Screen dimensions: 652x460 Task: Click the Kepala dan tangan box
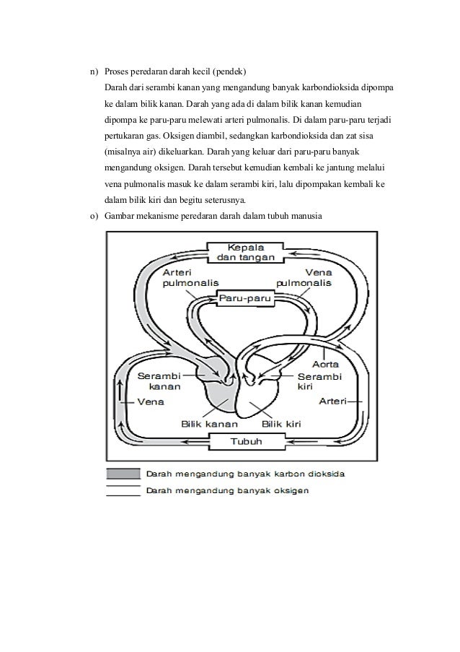(x=246, y=251)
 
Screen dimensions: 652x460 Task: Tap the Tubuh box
(x=245, y=442)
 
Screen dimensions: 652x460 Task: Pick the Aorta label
(x=325, y=362)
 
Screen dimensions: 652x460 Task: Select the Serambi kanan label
(x=159, y=381)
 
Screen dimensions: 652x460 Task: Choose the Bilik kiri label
(x=281, y=424)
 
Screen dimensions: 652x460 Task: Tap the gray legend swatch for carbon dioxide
(x=123, y=474)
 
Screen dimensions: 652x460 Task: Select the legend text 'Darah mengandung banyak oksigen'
(x=228, y=490)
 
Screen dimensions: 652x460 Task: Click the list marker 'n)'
(x=93, y=72)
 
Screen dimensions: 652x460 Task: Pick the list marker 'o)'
(x=93, y=217)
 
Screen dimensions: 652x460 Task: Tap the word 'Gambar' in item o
(x=120, y=217)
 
